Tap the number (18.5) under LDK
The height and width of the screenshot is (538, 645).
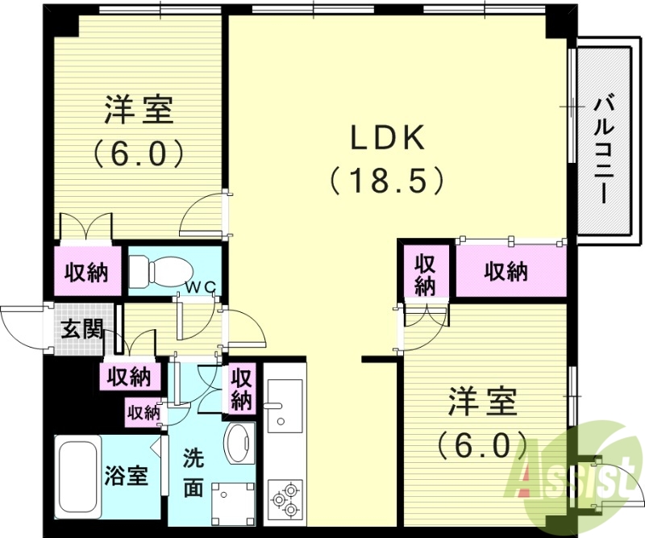[x=387, y=179]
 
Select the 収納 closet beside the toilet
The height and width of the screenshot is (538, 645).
[x=87, y=273]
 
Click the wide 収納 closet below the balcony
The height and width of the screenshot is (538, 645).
[x=506, y=272]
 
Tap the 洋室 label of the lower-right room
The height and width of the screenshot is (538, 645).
[x=482, y=401]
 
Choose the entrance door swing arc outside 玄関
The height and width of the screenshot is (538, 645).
[x=19, y=326]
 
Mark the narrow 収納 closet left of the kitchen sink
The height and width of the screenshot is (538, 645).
[x=241, y=388]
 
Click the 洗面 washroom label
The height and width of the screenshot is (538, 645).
[x=193, y=472]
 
